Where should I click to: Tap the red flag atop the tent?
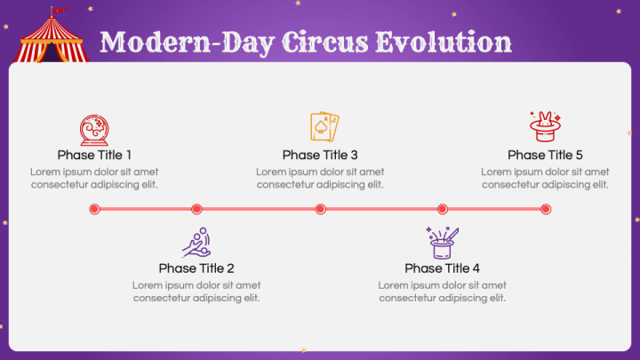(58, 11)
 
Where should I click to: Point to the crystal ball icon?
(93, 130)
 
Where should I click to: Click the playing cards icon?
(324, 127)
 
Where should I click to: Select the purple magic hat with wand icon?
(443, 242)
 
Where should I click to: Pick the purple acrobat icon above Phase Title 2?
(196, 242)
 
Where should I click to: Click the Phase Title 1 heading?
(94, 155)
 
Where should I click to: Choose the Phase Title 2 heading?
(196, 268)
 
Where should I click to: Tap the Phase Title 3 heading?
(320, 155)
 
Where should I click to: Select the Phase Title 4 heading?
(442, 268)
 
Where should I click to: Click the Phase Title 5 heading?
(545, 155)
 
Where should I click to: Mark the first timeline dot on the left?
(94, 209)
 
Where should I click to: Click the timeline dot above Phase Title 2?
(196, 209)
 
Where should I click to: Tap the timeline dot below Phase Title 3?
(320, 209)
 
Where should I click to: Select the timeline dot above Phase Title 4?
(442, 209)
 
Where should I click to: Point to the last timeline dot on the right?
(546, 209)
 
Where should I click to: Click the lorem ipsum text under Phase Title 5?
(545, 178)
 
